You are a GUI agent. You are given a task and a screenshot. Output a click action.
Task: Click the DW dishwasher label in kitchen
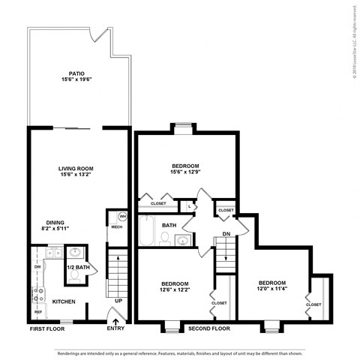click(37, 266)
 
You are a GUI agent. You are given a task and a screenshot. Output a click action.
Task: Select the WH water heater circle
click(121, 217)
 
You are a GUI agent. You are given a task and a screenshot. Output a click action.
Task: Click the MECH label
click(116, 226)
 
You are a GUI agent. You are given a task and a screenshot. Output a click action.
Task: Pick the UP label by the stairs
click(118, 301)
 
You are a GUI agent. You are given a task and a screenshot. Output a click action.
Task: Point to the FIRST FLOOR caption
click(46, 328)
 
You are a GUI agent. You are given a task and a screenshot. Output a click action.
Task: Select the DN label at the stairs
click(226, 234)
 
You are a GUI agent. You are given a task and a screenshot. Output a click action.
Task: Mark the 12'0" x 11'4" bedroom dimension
click(271, 289)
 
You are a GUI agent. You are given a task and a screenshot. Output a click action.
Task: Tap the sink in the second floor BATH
click(182, 240)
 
